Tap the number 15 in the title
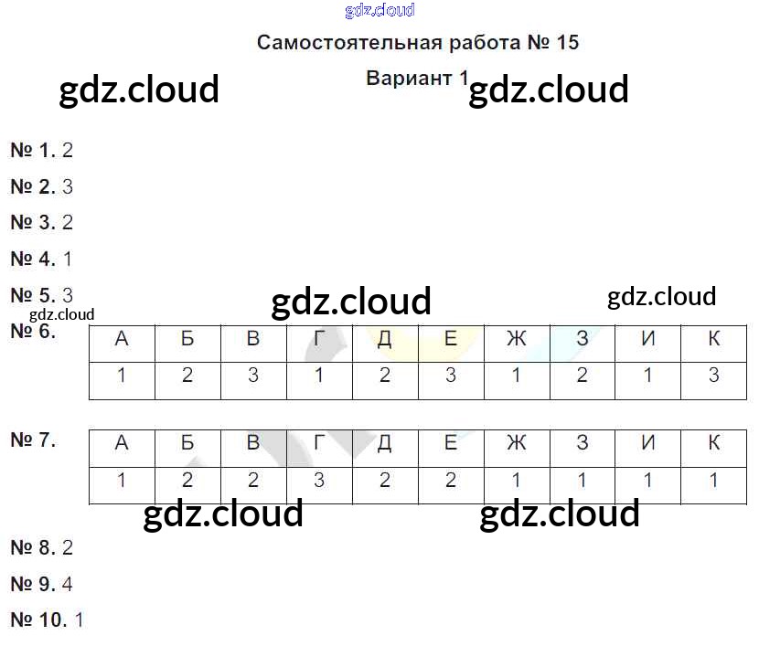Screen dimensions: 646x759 (x=567, y=43)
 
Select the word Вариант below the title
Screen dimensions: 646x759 (x=409, y=78)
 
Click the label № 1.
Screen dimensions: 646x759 (x=33, y=151)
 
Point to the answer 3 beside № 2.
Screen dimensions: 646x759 (x=68, y=187)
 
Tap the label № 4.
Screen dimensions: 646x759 (x=33, y=259)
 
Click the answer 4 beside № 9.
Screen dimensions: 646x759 (x=68, y=584)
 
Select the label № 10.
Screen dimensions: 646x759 (x=38, y=620)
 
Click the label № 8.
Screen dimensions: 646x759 (x=33, y=548)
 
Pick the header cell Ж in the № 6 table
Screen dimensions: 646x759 (x=517, y=340)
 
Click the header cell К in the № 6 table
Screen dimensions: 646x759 (x=714, y=340)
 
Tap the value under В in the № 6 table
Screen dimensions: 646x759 (x=253, y=376)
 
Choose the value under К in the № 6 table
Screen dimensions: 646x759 (x=714, y=376)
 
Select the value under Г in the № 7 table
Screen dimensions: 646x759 (x=319, y=481)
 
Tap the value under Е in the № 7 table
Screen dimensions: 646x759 (x=451, y=481)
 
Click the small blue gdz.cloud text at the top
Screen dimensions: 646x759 (x=379, y=11)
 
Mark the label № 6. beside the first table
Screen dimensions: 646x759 (x=33, y=332)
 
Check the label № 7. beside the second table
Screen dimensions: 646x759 (x=33, y=439)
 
